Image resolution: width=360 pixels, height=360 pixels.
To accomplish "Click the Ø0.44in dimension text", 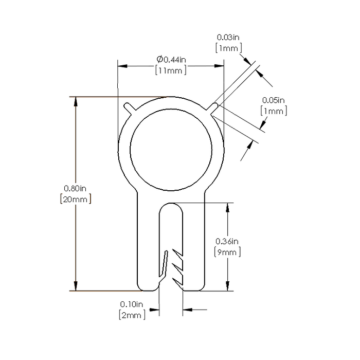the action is coord(171,60).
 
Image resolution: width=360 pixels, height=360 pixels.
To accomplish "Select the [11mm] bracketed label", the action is coord(171,71).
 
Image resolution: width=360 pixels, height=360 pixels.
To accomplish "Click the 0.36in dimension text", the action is coord(227,241).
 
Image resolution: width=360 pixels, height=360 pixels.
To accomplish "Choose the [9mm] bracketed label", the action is coord(227,252).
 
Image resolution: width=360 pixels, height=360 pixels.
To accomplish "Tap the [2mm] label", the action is coord(132,314).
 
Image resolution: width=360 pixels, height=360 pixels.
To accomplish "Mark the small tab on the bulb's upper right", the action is coord(214,107).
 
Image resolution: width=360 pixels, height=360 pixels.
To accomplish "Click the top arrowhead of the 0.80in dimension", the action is coord(77,101).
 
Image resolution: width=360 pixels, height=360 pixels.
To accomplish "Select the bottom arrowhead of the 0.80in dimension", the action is coord(77,287).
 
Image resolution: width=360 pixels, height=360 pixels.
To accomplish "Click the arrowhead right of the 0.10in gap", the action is coord(187,310).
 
